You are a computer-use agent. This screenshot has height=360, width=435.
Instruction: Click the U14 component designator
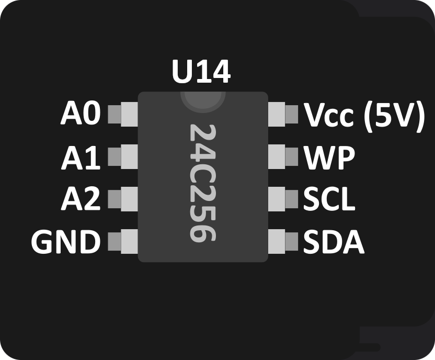pyautogui.click(x=201, y=73)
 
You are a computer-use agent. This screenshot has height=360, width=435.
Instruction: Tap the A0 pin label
pyautogui.click(x=81, y=114)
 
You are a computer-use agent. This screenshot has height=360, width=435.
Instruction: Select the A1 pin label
pyautogui.click(x=81, y=157)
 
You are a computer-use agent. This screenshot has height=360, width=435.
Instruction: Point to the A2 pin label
pyautogui.click(x=81, y=199)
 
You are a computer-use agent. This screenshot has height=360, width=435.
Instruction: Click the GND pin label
pyautogui.click(x=65, y=242)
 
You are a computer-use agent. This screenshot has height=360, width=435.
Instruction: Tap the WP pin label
pyautogui.click(x=329, y=157)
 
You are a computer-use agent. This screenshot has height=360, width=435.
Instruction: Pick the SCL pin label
pyautogui.click(x=329, y=199)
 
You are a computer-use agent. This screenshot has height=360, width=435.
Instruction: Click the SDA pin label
pyautogui.click(x=334, y=242)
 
